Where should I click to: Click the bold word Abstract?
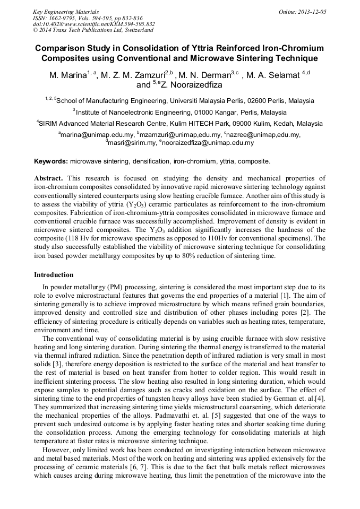click(x=48, y=178)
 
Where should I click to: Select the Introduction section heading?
click(x=54, y=275)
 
